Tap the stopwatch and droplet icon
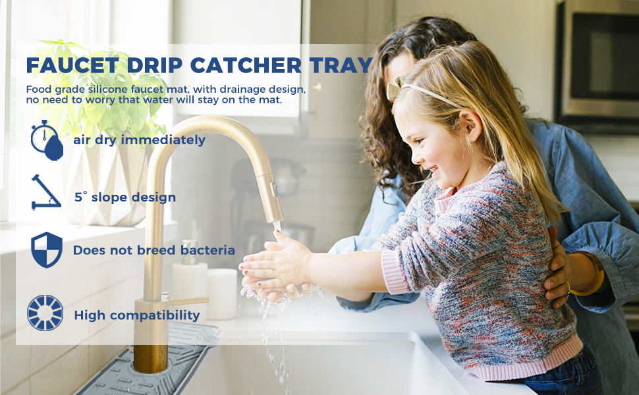tap(47, 140)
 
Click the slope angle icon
tap(45, 192)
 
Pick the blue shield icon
tap(47, 250)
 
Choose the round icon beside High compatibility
tap(45, 313)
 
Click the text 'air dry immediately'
tap(139, 140)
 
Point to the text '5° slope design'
tap(125, 197)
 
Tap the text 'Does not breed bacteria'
tap(153, 250)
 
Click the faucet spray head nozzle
tap(272, 204)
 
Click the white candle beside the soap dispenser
tap(221, 294)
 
